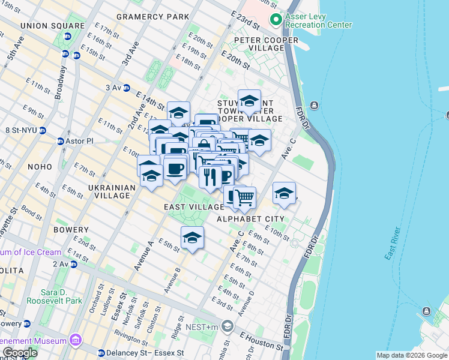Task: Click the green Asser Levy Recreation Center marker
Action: (276, 20)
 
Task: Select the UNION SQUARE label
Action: (52, 26)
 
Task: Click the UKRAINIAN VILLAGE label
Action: (112, 191)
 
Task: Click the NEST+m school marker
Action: (227, 326)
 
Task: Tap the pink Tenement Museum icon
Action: (75, 341)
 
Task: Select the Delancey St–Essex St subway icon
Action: (101, 353)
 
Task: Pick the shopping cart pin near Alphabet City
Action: (244, 197)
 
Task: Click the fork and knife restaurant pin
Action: (210, 176)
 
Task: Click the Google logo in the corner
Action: (19, 353)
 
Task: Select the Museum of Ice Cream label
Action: (31, 252)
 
